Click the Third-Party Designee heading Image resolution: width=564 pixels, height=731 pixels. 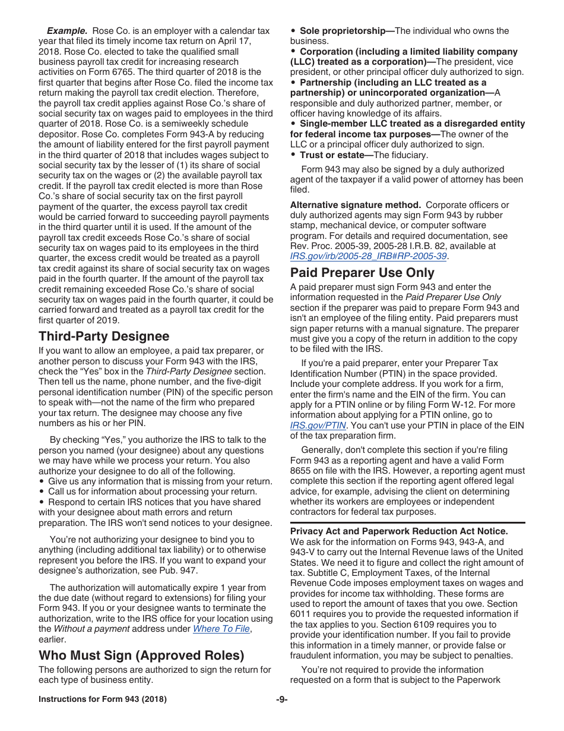click(104, 336)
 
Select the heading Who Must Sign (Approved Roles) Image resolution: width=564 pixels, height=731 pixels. click(141, 656)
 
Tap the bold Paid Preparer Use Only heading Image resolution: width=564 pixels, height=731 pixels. click(362, 273)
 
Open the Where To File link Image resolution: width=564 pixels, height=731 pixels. click(221, 629)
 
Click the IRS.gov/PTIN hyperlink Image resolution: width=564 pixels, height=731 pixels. click(318, 425)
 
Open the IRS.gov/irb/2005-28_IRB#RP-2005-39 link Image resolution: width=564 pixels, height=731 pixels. click(368, 256)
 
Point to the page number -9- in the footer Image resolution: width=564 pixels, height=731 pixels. click(282, 700)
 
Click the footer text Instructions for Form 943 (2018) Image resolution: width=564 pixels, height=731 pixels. click(103, 700)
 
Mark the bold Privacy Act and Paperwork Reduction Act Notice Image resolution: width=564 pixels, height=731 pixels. click(399, 531)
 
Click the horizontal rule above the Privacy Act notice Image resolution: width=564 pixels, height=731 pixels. click(407, 522)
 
